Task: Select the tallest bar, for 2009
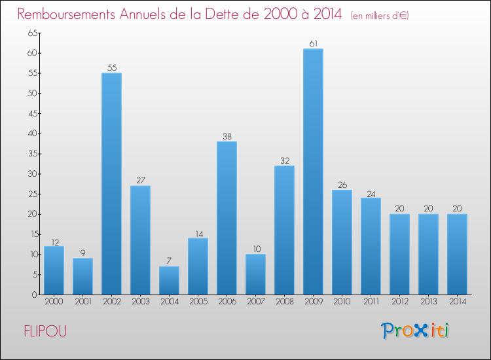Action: tap(313, 171)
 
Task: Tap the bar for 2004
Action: tap(169, 280)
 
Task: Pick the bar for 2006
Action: tap(227, 218)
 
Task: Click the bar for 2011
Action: tap(371, 246)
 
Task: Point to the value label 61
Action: tap(313, 44)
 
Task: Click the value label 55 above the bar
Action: tap(111, 68)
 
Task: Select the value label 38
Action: tap(227, 137)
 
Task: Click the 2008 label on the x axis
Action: tap(284, 301)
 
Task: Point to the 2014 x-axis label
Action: tap(457, 301)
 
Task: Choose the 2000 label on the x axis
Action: tap(54, 301)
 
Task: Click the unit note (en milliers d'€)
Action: tap(380, 15)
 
